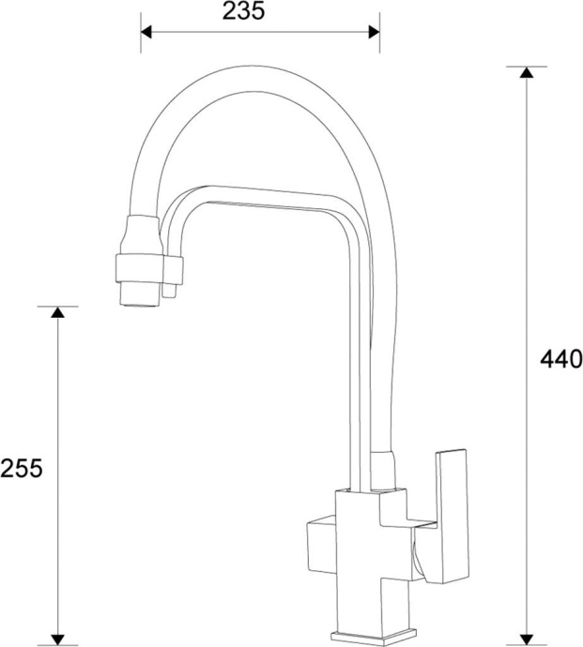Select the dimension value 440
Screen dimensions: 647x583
(561, 358)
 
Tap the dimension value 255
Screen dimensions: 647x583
(22, 468)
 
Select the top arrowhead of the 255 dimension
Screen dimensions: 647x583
(58, 313)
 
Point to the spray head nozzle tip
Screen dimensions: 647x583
(139, 298)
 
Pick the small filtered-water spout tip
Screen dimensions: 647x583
(169, 293)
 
